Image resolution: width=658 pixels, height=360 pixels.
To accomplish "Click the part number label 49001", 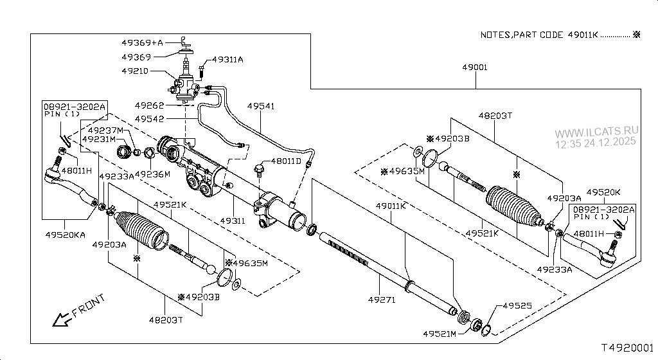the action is click(475, 67).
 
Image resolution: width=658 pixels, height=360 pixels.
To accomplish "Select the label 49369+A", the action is click(142, 42).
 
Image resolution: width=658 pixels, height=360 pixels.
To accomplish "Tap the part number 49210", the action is click(135, 71).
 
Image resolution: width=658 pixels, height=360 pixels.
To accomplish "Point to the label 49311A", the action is click(227, 60).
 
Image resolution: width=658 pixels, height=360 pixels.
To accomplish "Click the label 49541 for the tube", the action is click(261, 106).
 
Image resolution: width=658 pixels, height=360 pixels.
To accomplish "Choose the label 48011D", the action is click(286, 161).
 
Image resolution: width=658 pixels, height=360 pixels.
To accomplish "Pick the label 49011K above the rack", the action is click(391, 206).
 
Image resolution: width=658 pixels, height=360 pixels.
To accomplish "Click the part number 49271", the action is click(382, 300).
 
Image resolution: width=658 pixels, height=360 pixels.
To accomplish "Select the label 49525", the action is click(517, 306).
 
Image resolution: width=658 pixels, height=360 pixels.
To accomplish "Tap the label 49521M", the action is click(440, 334).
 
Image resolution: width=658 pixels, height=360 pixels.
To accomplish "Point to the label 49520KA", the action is click(66, 235).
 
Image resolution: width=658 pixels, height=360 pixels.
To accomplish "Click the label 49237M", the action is click(106, 130).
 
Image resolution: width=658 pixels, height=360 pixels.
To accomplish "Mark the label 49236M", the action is click(152, 174).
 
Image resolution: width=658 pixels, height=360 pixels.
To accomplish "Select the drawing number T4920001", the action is click(627, 348).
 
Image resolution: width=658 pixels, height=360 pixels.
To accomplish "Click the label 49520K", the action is click(603, 192).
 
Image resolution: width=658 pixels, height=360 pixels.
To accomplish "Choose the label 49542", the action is click(149, 119).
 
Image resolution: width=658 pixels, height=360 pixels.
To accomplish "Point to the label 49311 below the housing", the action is click(233, 221).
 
